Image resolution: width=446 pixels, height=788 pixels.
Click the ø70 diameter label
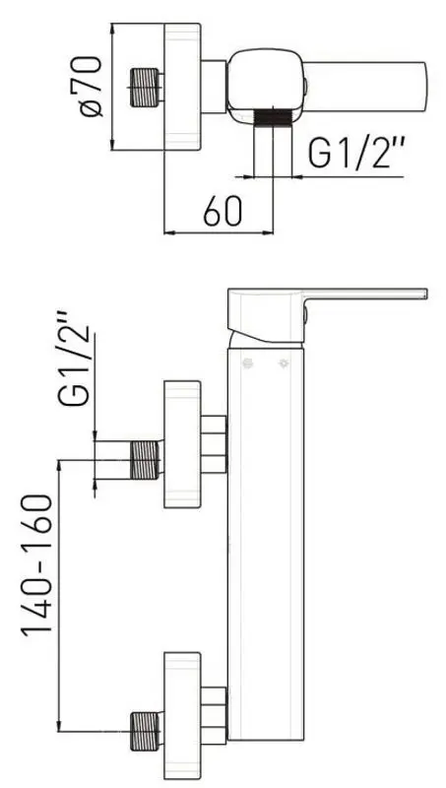point(93,90)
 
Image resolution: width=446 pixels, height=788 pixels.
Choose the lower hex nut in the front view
point(215,714)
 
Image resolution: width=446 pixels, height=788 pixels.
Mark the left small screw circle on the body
point(249,364)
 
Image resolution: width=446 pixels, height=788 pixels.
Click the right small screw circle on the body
point(286,364)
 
